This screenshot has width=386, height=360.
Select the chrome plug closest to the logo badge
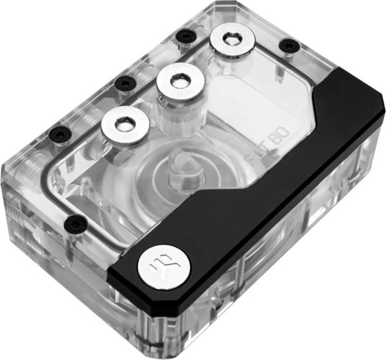tap(124, 123)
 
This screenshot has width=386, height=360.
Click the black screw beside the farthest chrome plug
tap(185, 37)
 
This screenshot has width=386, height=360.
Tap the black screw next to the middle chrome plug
tap(125, 83)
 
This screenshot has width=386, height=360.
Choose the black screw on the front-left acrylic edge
tap(76, 221)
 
